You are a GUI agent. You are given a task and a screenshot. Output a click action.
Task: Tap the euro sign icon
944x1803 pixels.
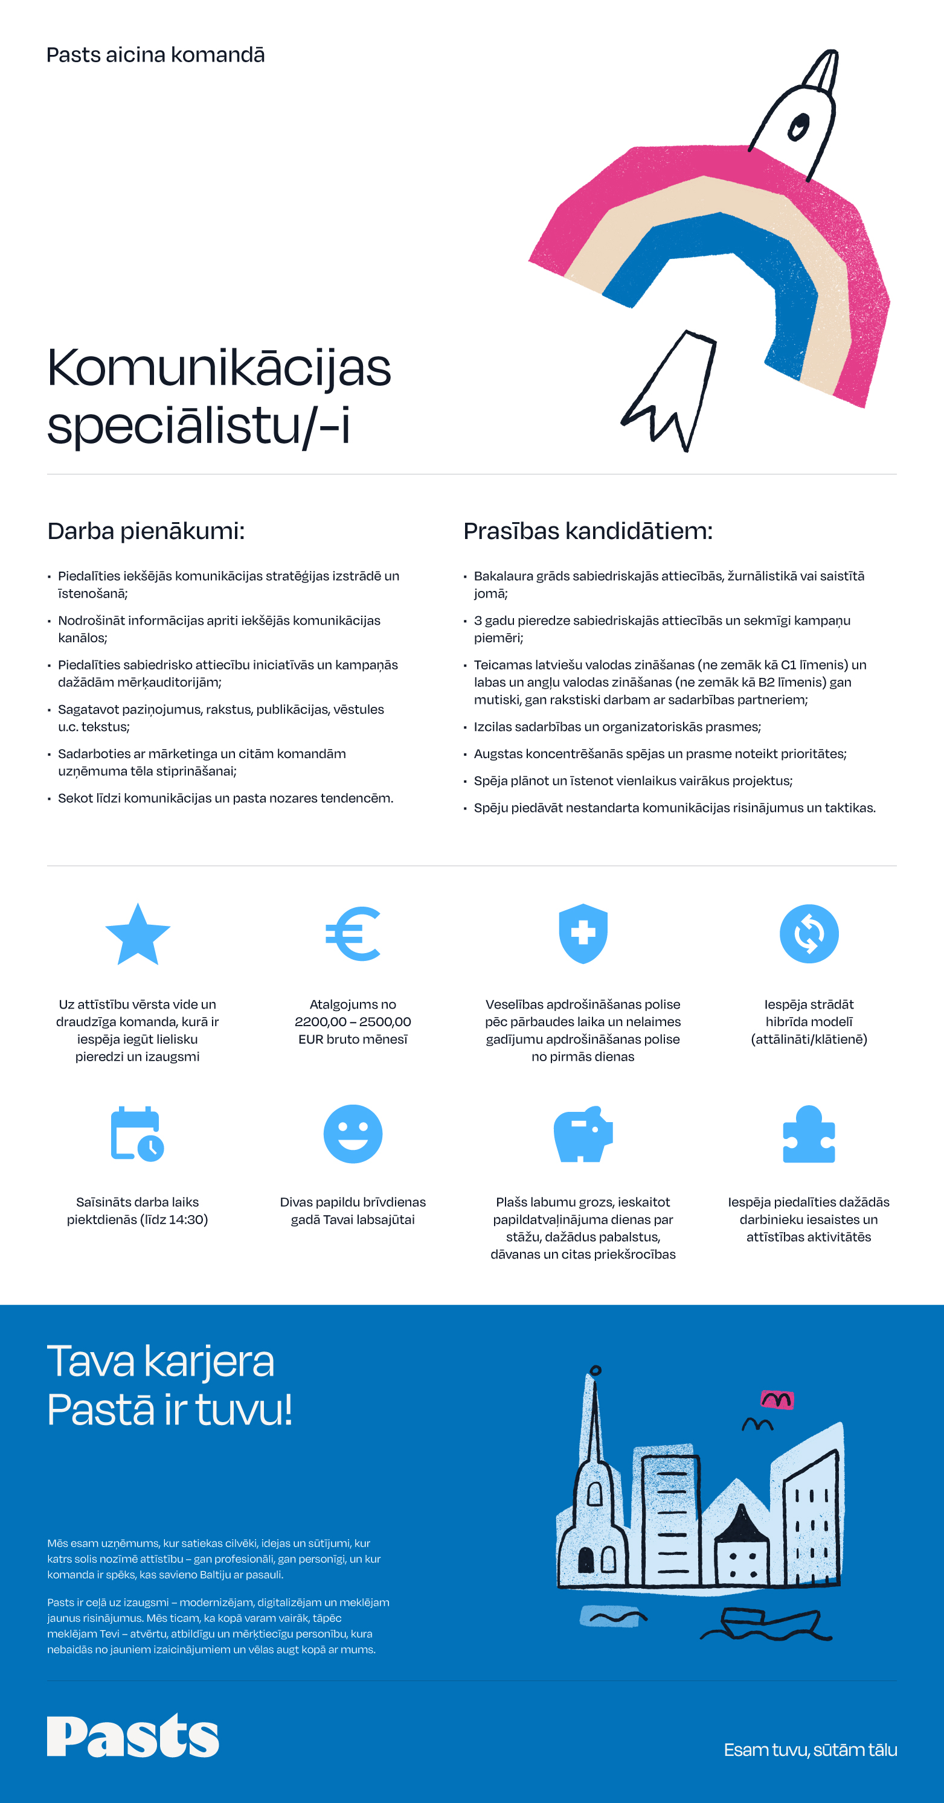coord(353,934)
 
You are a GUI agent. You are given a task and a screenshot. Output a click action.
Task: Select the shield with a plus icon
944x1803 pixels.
coord(583,933)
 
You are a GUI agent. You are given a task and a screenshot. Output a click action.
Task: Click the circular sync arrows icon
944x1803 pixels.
coord(809,934)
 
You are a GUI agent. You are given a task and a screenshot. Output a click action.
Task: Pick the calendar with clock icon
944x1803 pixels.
coord(137,1134)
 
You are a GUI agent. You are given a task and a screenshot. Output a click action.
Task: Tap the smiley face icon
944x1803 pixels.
coord(353,1134)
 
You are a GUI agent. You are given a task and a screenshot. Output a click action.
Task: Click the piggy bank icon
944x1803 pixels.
coord(583,1134)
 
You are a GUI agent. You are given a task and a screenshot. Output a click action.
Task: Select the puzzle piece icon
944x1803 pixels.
coord(809,1134)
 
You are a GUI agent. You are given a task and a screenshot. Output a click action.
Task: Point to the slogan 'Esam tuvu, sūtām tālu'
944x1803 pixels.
coord(811,1750)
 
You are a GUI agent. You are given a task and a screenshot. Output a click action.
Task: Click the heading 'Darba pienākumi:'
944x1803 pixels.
coord(146,531)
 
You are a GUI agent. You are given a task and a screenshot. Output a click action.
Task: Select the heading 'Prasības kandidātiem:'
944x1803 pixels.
coord(588,531)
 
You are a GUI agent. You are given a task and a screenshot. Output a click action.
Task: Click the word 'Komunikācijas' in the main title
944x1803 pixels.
coord(219,368)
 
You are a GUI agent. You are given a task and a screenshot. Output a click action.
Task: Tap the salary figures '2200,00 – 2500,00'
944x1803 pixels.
coord(353,1022)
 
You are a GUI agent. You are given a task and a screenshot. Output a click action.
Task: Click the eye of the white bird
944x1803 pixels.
coord(798,127)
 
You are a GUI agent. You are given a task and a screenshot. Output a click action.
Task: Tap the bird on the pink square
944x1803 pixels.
coord(777,1400)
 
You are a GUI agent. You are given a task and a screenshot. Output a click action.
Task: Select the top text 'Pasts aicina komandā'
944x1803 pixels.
coord(155,54)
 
